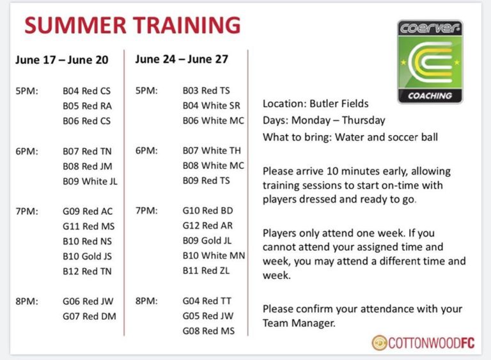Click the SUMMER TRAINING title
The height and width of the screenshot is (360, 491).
click(x=132, y=26)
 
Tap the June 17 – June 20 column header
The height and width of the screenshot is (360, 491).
click(x=62, y=60)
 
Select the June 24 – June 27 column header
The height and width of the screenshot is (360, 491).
click(x=182, y=59)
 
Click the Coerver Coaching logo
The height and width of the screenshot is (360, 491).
click(x=430, y=62)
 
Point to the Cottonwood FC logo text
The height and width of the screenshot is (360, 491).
click(x=423, y=343)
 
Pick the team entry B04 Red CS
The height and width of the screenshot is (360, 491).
click(x=87, y=91)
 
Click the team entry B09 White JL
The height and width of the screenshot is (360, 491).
click(x=90, y=181)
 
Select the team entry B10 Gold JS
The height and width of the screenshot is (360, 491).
click(x=88, y=256)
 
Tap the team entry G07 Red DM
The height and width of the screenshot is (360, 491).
click(x=90, y=317)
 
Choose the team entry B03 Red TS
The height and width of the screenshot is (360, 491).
click(x=207, y=91)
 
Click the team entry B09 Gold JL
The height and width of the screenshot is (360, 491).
click(x=207, y=240)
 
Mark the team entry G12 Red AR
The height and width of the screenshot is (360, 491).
click(x=208, y=226)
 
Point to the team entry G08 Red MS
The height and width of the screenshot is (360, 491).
click(x=208, y=331)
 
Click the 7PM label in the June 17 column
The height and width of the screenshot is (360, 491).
click(x=27, y=211)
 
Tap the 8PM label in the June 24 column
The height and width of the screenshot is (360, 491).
click(x=146, y=301)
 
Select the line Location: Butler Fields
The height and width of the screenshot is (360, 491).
click(x=316, y=104)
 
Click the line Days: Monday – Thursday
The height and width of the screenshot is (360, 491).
click(x=324, y=120)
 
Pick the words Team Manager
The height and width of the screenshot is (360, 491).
click(x=299, y=323)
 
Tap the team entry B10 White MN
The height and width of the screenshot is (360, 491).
click(x=214, y=256)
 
